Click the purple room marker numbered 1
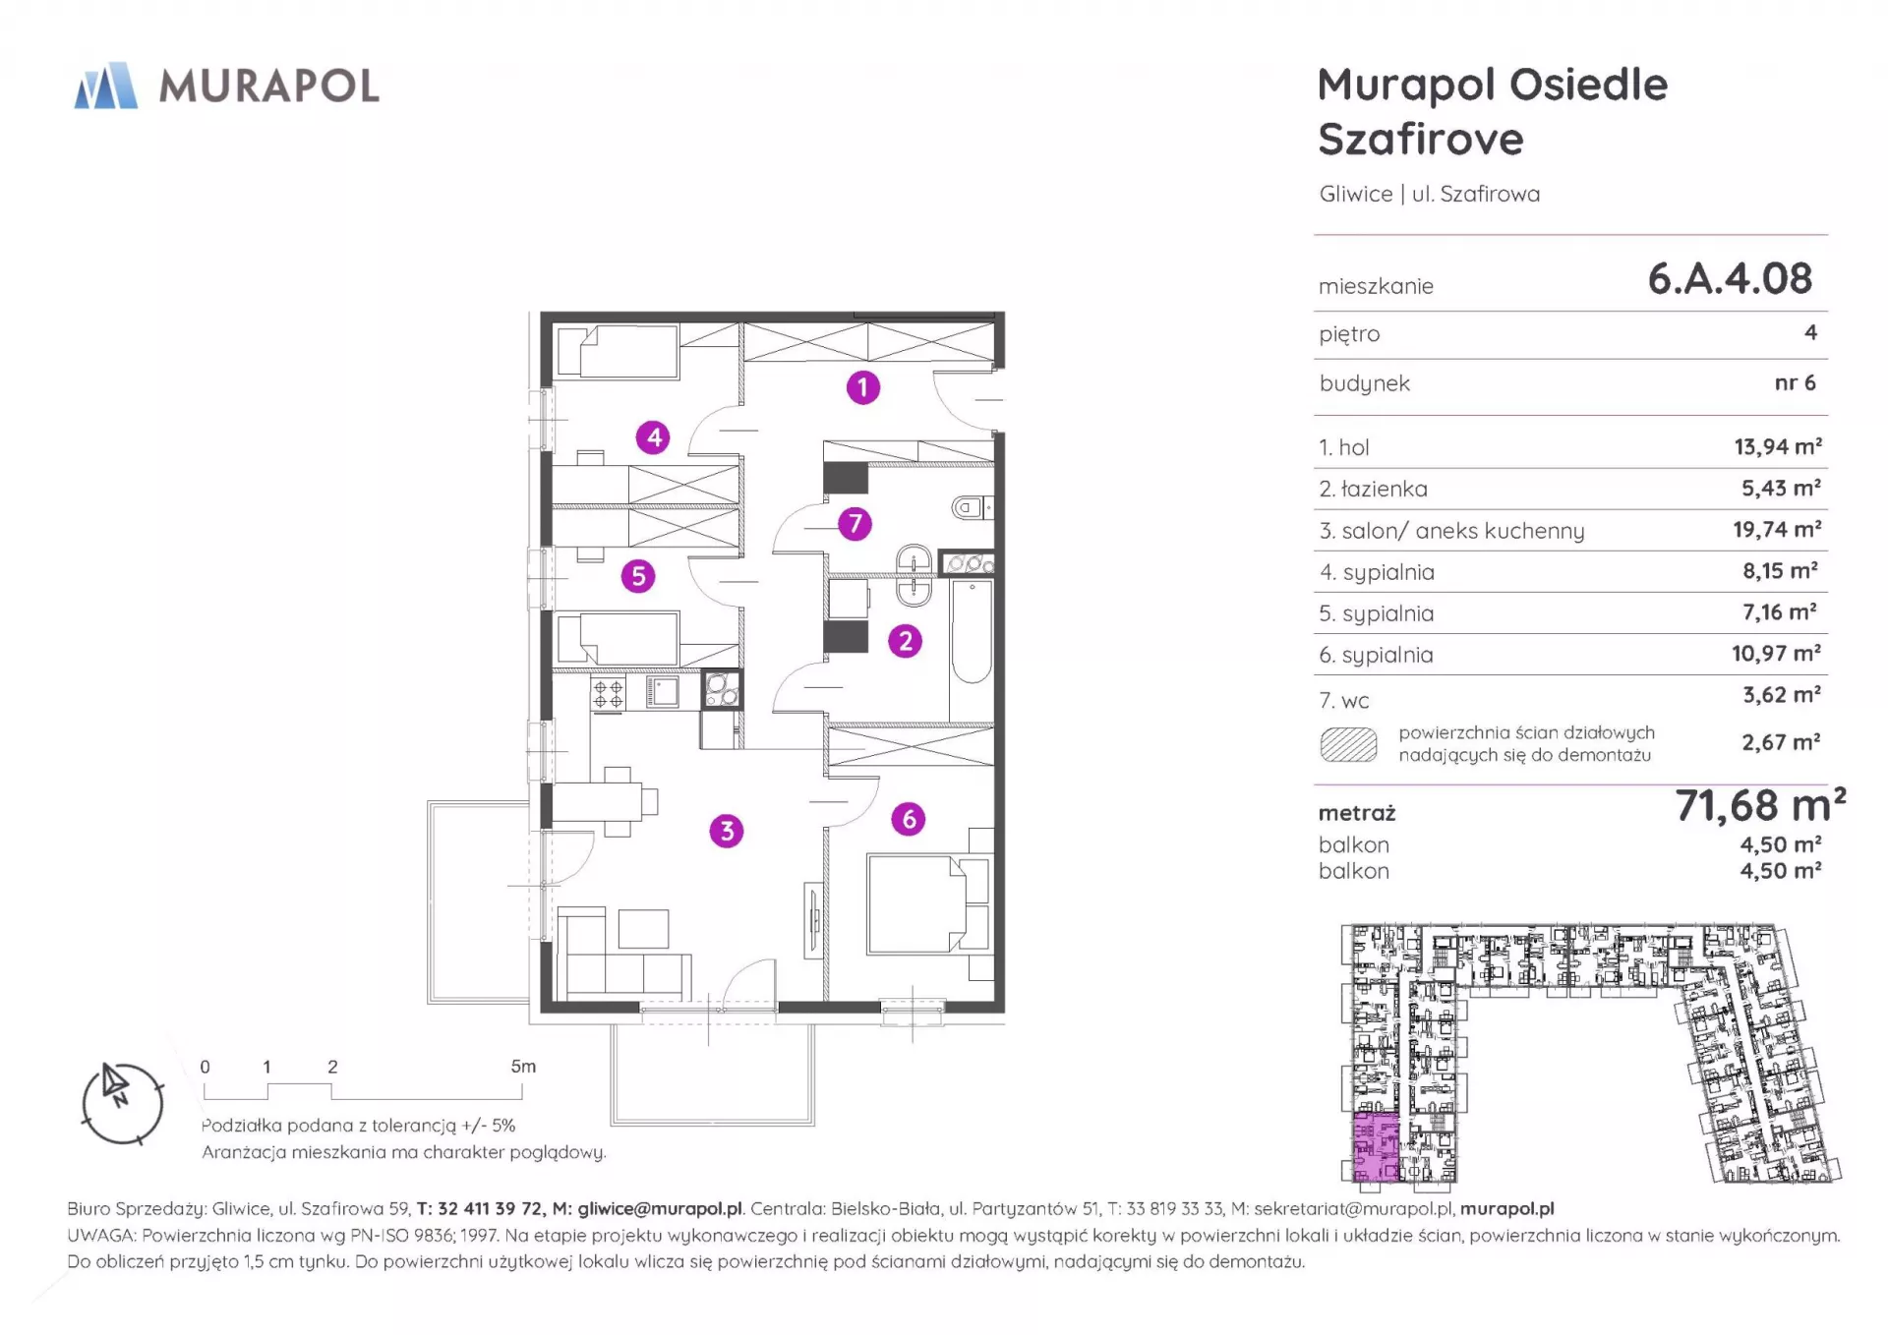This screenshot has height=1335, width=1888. (x=862, y=387)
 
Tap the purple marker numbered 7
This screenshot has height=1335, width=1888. (x=855, y=523)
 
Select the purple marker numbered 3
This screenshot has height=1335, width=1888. (x=727, y=831)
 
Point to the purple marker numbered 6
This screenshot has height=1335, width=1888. (x=909, y=818)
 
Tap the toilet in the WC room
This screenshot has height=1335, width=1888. (x=972, y=508)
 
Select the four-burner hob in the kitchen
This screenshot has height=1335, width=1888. (x=609, y=693)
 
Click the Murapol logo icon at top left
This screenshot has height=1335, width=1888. (x=106, y=86)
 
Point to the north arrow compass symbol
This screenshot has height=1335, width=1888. (x=122, y=1103)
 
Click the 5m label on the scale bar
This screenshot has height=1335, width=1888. (x=523, y=1067)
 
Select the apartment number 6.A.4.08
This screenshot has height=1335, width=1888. (x=1730, y=279)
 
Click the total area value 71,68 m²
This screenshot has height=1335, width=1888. (x=1760, y=806)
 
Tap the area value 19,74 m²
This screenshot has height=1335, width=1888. (x=1777, y=530)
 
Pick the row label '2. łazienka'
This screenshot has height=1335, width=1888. (x=1373, y=489)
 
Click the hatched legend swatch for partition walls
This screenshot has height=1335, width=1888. (x=1348, y=745)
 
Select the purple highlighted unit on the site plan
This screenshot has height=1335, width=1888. (x=1377, y=1147)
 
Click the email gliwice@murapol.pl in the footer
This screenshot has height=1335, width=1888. (x=660, y=1209)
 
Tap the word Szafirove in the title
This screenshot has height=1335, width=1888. (x=1421, y=140)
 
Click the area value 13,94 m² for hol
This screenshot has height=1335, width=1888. (x=1778, y=447)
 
